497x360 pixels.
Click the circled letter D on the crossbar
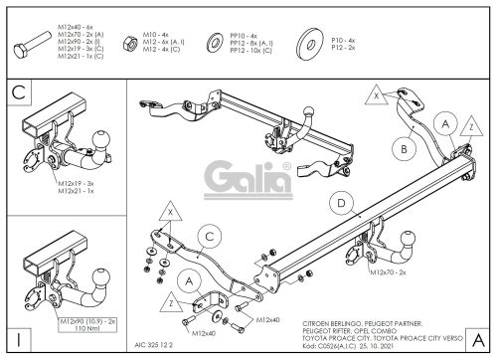click(x=342, y=205)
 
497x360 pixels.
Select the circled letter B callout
click(x=404, y=149)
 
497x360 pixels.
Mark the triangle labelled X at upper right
click(x=375, y=96)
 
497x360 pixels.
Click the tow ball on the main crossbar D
click(x=409, y=239)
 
